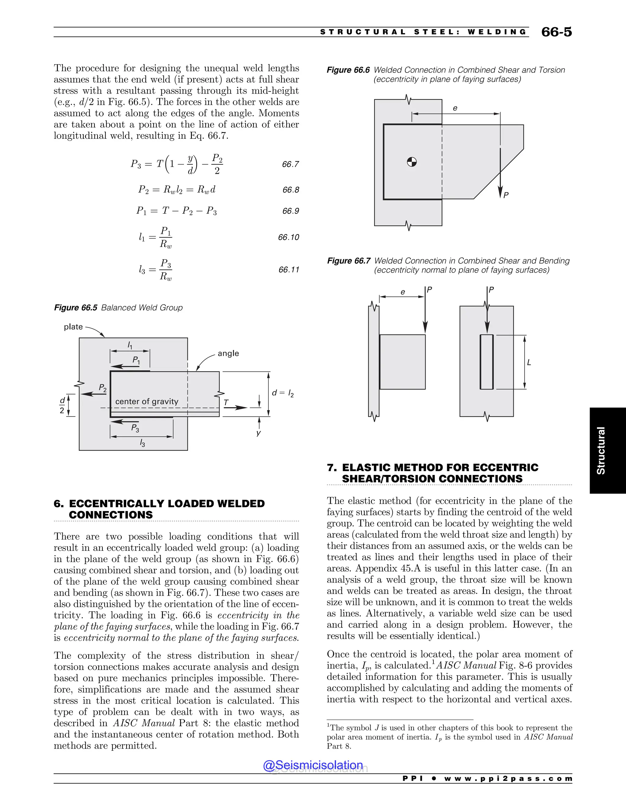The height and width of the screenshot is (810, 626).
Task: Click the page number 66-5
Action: (x=556, y=32)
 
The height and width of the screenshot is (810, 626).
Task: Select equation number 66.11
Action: (x=289, y=270)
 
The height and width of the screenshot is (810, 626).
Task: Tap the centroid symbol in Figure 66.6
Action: (x=412, y=162)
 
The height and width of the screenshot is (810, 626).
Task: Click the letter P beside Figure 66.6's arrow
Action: (x=506, y=195)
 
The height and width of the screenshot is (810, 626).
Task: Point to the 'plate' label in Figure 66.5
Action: (x=73, y=327)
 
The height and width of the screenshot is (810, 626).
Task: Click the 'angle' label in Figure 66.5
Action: (x=228, y=353)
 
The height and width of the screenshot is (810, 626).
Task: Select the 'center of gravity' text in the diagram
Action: (x=146, y=401)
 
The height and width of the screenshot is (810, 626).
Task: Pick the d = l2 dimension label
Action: (x=283, y=393)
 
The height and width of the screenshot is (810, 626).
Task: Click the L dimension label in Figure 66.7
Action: (x=529, y=362)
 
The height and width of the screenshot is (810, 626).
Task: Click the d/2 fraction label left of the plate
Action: (x=62, y=405)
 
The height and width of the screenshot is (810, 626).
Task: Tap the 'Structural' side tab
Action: (x=601, y=450)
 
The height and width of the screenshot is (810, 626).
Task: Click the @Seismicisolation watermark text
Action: (x=313, y=765)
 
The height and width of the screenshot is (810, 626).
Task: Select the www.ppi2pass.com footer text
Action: (x=508, y=779)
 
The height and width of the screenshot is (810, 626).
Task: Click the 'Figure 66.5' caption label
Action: (x=76, y=308)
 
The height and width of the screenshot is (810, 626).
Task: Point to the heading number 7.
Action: (x=331, y=468)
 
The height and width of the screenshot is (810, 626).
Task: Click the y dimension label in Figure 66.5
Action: (x=259, y=433)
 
